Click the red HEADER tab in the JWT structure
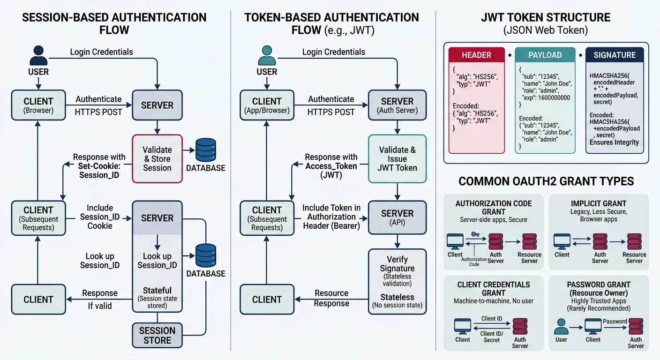pyautogui.click(x=476, y=55)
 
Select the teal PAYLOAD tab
pyautogui.click(x=545, y=55)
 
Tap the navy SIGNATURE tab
pyautogui.click(x=614, y=55)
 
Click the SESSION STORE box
pyautogui.click(x=157, y=335)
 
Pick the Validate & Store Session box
pyautogui.click(x=157, y=158)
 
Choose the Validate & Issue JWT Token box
pyautogui.click(x=397, y=158)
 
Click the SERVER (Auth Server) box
pyautogui.click(x=397, y=105)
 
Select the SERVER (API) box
pyautogui.click(x=397, y=217)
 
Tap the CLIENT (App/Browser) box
pyautogui.click(x=267, y=105)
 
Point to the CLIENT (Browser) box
pyautogui.click(x=38, y=105)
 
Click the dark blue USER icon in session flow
pyautogui.click(x=38, y=56)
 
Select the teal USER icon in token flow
pyautogui.click(x=267, y=56)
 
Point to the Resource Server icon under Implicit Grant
pyautogui.click(x=634, y=241)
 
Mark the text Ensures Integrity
pyautogui.click(x=614, y=142)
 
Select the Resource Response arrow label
pyautogui.click(x=331, y=298)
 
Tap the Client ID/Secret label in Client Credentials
pyautogui.click(x=491, y=337)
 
